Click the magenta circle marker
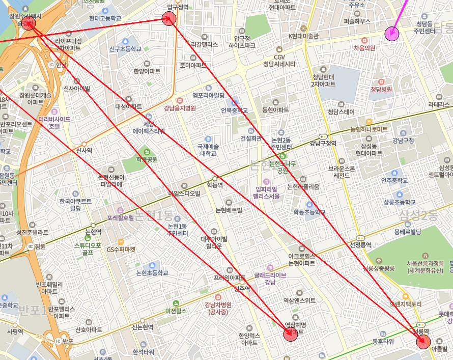coord(391,34)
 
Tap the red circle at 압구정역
coord(169,19)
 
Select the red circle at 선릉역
coord(423,342)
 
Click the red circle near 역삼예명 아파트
coord(290,334)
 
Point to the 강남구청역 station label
coord(323,143)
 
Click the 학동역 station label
coord(215,185)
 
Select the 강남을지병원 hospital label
coord(180,108)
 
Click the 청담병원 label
coord(381,89)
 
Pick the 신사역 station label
coord(84,150)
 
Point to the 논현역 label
coord(93,232)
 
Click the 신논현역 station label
coord(143,327)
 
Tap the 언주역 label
coord(242,289)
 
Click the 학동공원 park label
coord(147,159)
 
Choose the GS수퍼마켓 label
coord(121,250)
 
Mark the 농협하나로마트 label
coord(369,129)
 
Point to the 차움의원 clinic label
coord(364,48)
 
